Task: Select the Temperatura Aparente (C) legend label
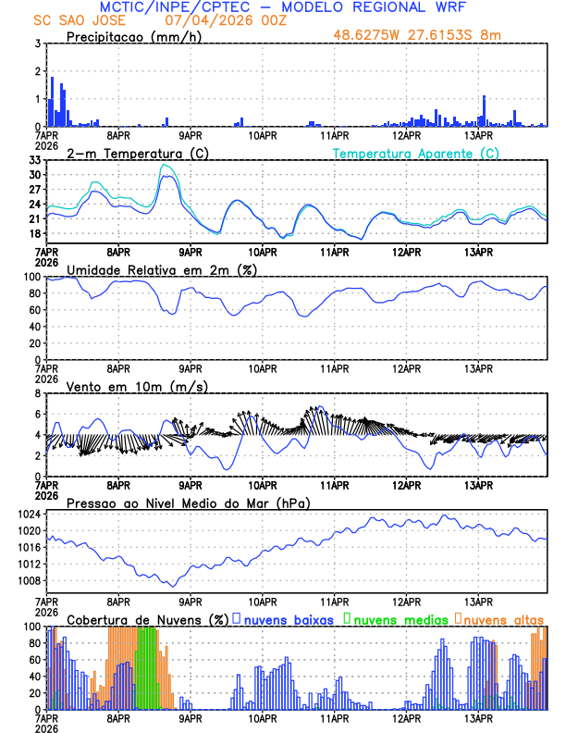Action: click(x=416, y=154)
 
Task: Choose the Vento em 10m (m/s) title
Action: click(x=137, y=386)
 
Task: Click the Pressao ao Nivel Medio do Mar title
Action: click(x=188, y=503)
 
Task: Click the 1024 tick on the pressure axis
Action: click(x=28, y=514)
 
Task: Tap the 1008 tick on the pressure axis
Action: click(x=28, y=581)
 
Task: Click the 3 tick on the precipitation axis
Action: click(x=38, y=43)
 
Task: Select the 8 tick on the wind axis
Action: click(x=38, y=393)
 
